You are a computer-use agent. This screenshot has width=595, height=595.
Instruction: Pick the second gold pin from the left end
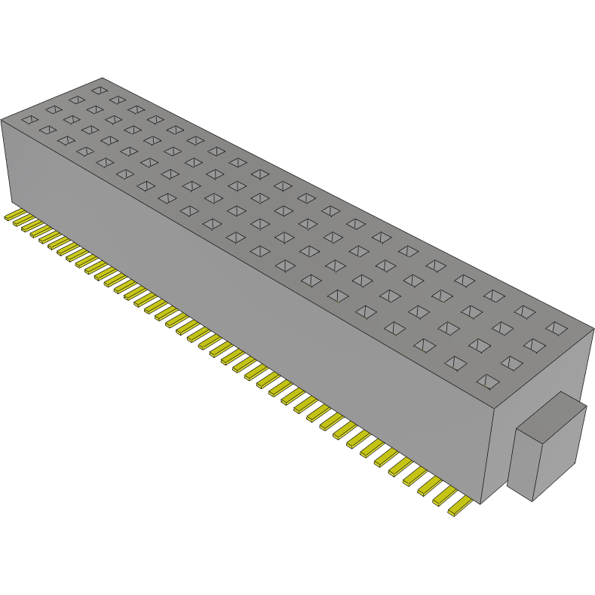[x=20, y=222]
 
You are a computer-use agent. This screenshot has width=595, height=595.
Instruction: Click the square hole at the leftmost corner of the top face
[x=29, y=119]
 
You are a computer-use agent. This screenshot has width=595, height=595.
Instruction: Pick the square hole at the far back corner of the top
[x=98, y=90]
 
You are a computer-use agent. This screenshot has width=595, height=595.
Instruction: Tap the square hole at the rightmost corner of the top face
[x=557, y=327]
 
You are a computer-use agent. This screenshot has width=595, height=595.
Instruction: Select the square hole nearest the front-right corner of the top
[x=487, y=381]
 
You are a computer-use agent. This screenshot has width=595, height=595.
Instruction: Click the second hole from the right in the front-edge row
[x=456, y=363]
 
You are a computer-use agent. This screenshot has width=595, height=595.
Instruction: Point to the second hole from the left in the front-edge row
[x=48, y=130]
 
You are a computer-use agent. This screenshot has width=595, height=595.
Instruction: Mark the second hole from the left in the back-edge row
[x=117, y=100]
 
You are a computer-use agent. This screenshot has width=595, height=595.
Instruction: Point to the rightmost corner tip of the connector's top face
[x=593, y=329]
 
